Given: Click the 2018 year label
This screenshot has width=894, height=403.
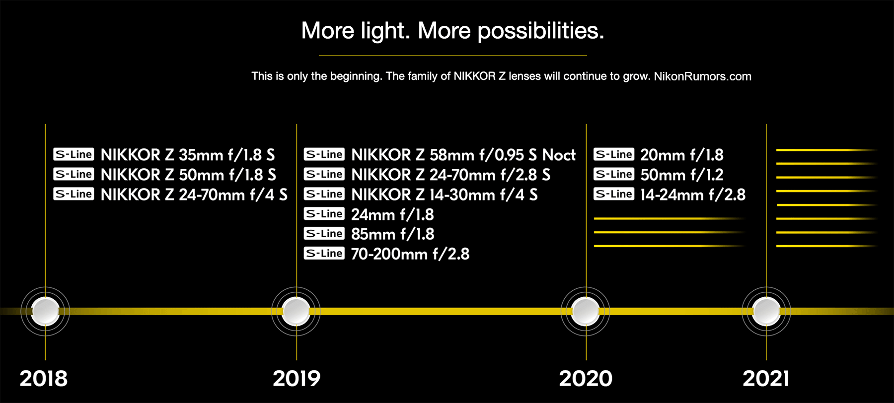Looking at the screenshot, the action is (x=44, y=379).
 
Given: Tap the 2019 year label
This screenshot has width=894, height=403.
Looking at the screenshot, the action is (x=297, y=379).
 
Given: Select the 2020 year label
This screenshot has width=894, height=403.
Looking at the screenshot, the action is (x=586, y=379).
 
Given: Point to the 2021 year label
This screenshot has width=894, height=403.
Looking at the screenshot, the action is (x=766, y=379).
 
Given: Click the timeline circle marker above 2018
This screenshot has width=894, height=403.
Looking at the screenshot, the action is (x=45, y=312).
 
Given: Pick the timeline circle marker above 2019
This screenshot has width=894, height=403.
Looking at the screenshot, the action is (x=296, y=312).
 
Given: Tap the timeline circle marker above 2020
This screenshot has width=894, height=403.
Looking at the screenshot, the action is (x=586, y=312).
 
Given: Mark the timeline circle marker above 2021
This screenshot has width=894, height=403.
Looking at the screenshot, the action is (x=766, y=312).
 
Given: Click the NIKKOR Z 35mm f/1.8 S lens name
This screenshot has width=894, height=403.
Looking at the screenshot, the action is (x=188, y=155).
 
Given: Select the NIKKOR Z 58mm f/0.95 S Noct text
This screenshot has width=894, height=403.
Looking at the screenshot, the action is (x=463, y=155).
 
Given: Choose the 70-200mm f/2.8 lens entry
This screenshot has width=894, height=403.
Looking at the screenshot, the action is (x=410, y=254).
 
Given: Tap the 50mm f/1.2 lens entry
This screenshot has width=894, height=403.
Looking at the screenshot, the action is (x=682, y=175).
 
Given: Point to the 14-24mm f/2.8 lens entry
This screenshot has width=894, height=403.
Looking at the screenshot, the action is (x=693, y=195).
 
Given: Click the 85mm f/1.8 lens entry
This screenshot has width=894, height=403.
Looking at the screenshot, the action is (x=392, y=234).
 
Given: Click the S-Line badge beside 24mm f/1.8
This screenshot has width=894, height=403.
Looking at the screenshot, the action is (x=324, y=214).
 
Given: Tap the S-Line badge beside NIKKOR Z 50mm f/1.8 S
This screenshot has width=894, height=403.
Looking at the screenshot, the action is (x=74, y=174).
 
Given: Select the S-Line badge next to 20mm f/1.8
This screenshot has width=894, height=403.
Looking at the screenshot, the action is (x=614, y=154).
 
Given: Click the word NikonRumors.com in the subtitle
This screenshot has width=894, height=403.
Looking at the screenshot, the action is (x=702, y=76).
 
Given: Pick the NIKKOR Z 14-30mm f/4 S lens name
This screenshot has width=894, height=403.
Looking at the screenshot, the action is (x=445, y=195).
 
